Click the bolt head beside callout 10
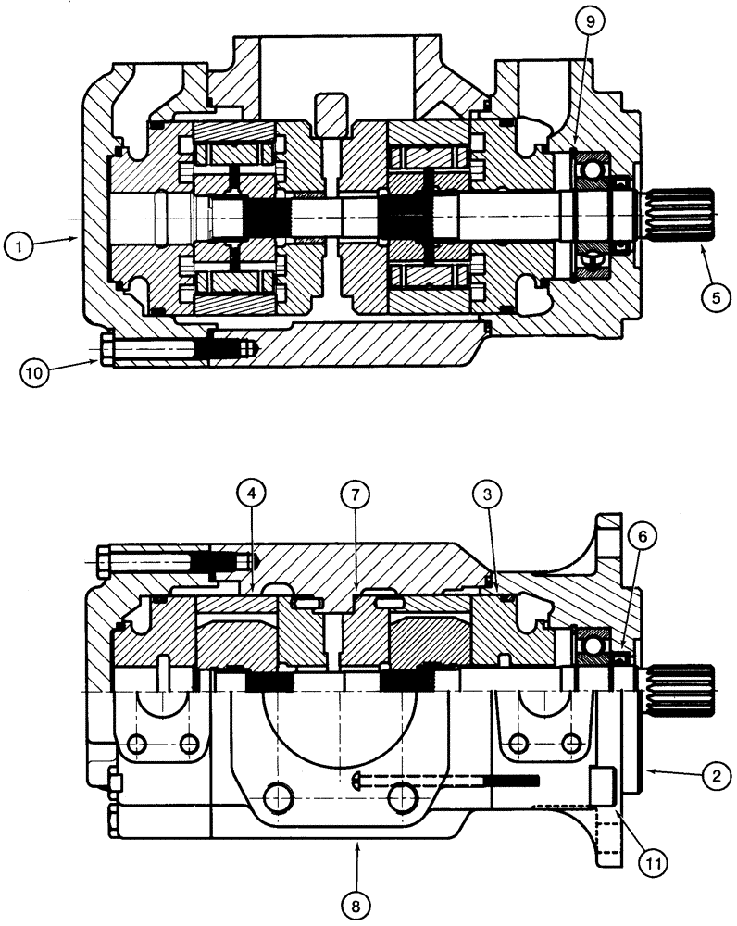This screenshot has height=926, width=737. tap(103, 351)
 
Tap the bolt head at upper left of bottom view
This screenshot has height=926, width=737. tap(103, 561)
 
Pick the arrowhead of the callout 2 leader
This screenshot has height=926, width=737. tap(648, 770)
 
